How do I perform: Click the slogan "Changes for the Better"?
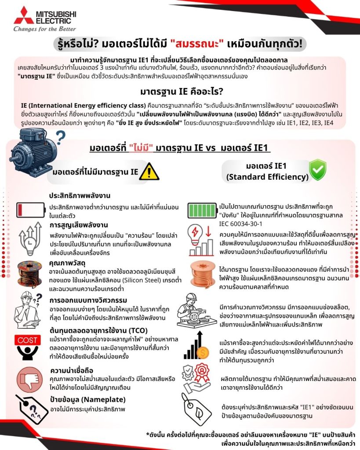point(39,29)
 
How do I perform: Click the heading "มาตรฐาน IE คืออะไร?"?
point(180,93)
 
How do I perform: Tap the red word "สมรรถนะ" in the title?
point(195,44)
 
